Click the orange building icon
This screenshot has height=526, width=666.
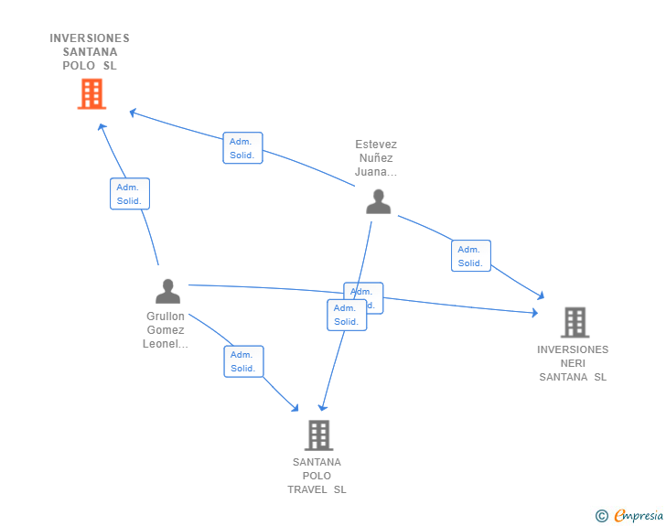pos(91,93)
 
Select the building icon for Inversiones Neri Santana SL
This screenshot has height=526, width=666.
pos(575,322)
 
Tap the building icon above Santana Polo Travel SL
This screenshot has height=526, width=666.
pos(318,435)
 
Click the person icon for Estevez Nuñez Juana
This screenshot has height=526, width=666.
pos(378,201)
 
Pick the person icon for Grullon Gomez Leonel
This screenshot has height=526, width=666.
pos(167,291)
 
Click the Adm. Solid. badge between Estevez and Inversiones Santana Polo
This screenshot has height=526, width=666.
pos(242,148)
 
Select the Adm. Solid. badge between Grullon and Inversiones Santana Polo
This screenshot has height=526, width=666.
pos(129,194)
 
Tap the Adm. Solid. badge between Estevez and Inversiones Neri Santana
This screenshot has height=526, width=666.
pos(470,256)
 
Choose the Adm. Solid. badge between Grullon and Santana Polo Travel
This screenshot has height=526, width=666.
pos(243,361)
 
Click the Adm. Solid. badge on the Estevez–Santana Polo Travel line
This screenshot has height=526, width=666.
pos(347,315)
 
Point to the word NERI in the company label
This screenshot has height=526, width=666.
pos(573,363)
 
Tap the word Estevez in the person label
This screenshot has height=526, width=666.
pos(376,145)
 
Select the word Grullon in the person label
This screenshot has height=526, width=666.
pos(166,317)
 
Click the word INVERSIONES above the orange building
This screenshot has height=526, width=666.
pos(90,38)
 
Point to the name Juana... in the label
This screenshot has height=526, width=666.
pos(376,172)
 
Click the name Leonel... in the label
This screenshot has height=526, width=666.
pos(166,344)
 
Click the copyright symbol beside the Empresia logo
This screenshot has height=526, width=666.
pos(602,517)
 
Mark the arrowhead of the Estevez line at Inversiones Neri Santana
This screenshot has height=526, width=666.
pos(541,295)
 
